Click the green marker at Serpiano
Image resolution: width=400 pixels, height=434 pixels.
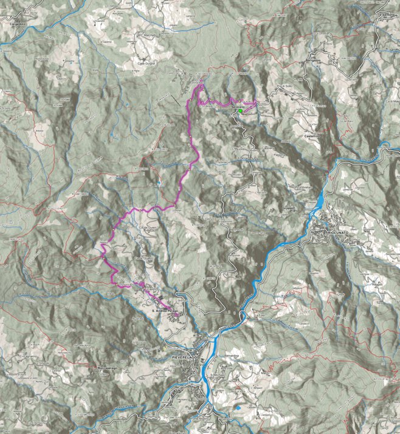click(241, 111)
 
